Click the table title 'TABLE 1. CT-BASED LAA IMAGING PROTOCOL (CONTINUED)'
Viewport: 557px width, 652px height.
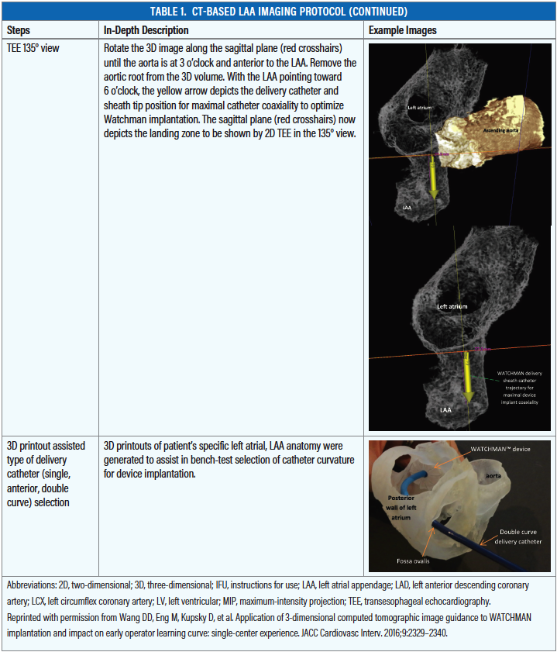click(278, 12)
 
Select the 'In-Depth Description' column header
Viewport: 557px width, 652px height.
click(146, 30)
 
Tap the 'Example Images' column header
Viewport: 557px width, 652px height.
click(402, 30)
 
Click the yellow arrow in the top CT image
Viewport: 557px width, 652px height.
click(432, 182)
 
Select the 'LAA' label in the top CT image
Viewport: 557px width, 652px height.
click(407, 208)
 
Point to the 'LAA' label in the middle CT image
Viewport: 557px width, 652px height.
click(445, 406)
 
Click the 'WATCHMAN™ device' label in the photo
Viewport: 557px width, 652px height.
click(500, 450)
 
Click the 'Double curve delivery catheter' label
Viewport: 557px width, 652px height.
click(515, 536)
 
